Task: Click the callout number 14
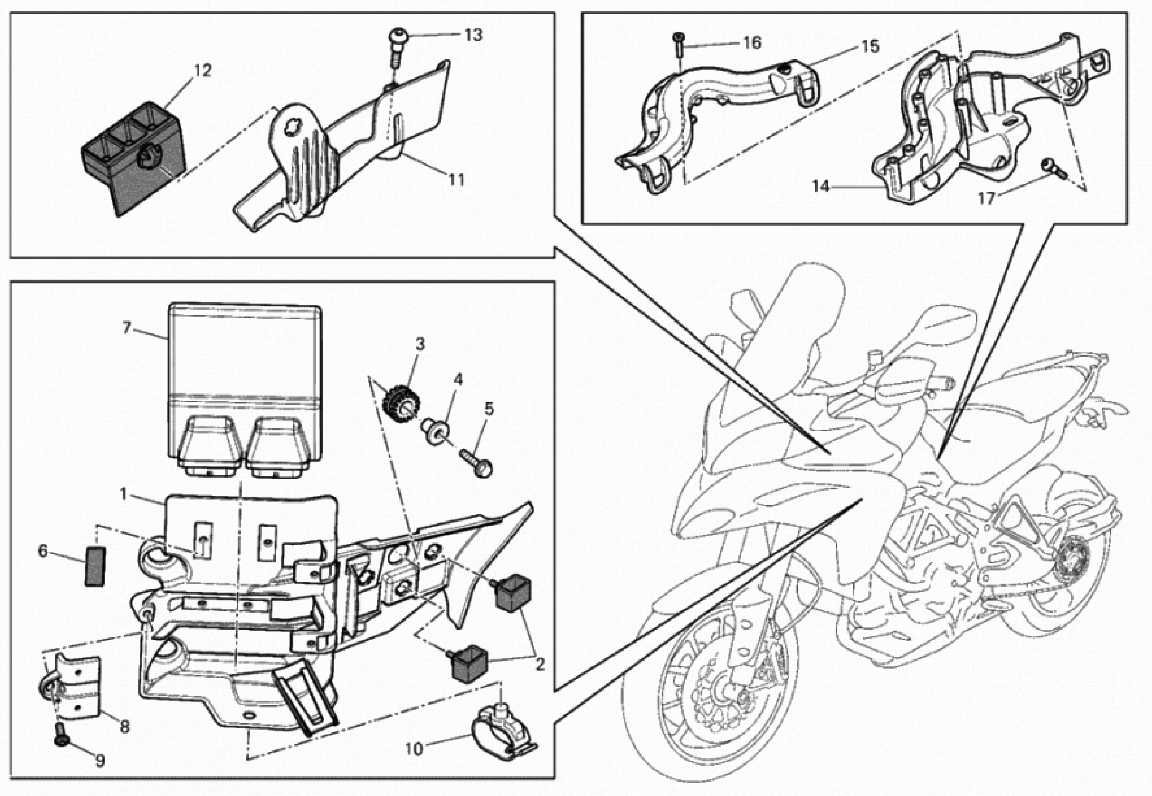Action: click(x=820, y=186)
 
